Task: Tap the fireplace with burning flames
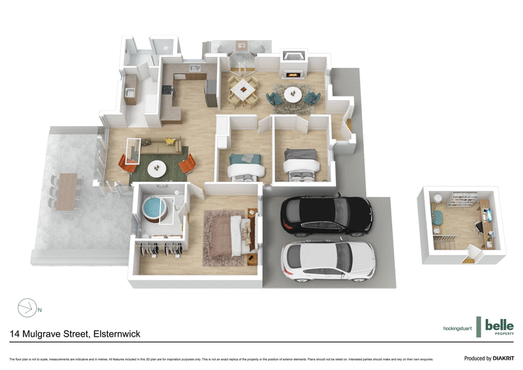coord(292,73)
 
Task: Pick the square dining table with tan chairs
coord(243,90)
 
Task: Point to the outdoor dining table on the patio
coord(65,191)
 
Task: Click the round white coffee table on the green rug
coord(157,168)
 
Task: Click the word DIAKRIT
coord(500,358)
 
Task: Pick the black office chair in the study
coord(479,227)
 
